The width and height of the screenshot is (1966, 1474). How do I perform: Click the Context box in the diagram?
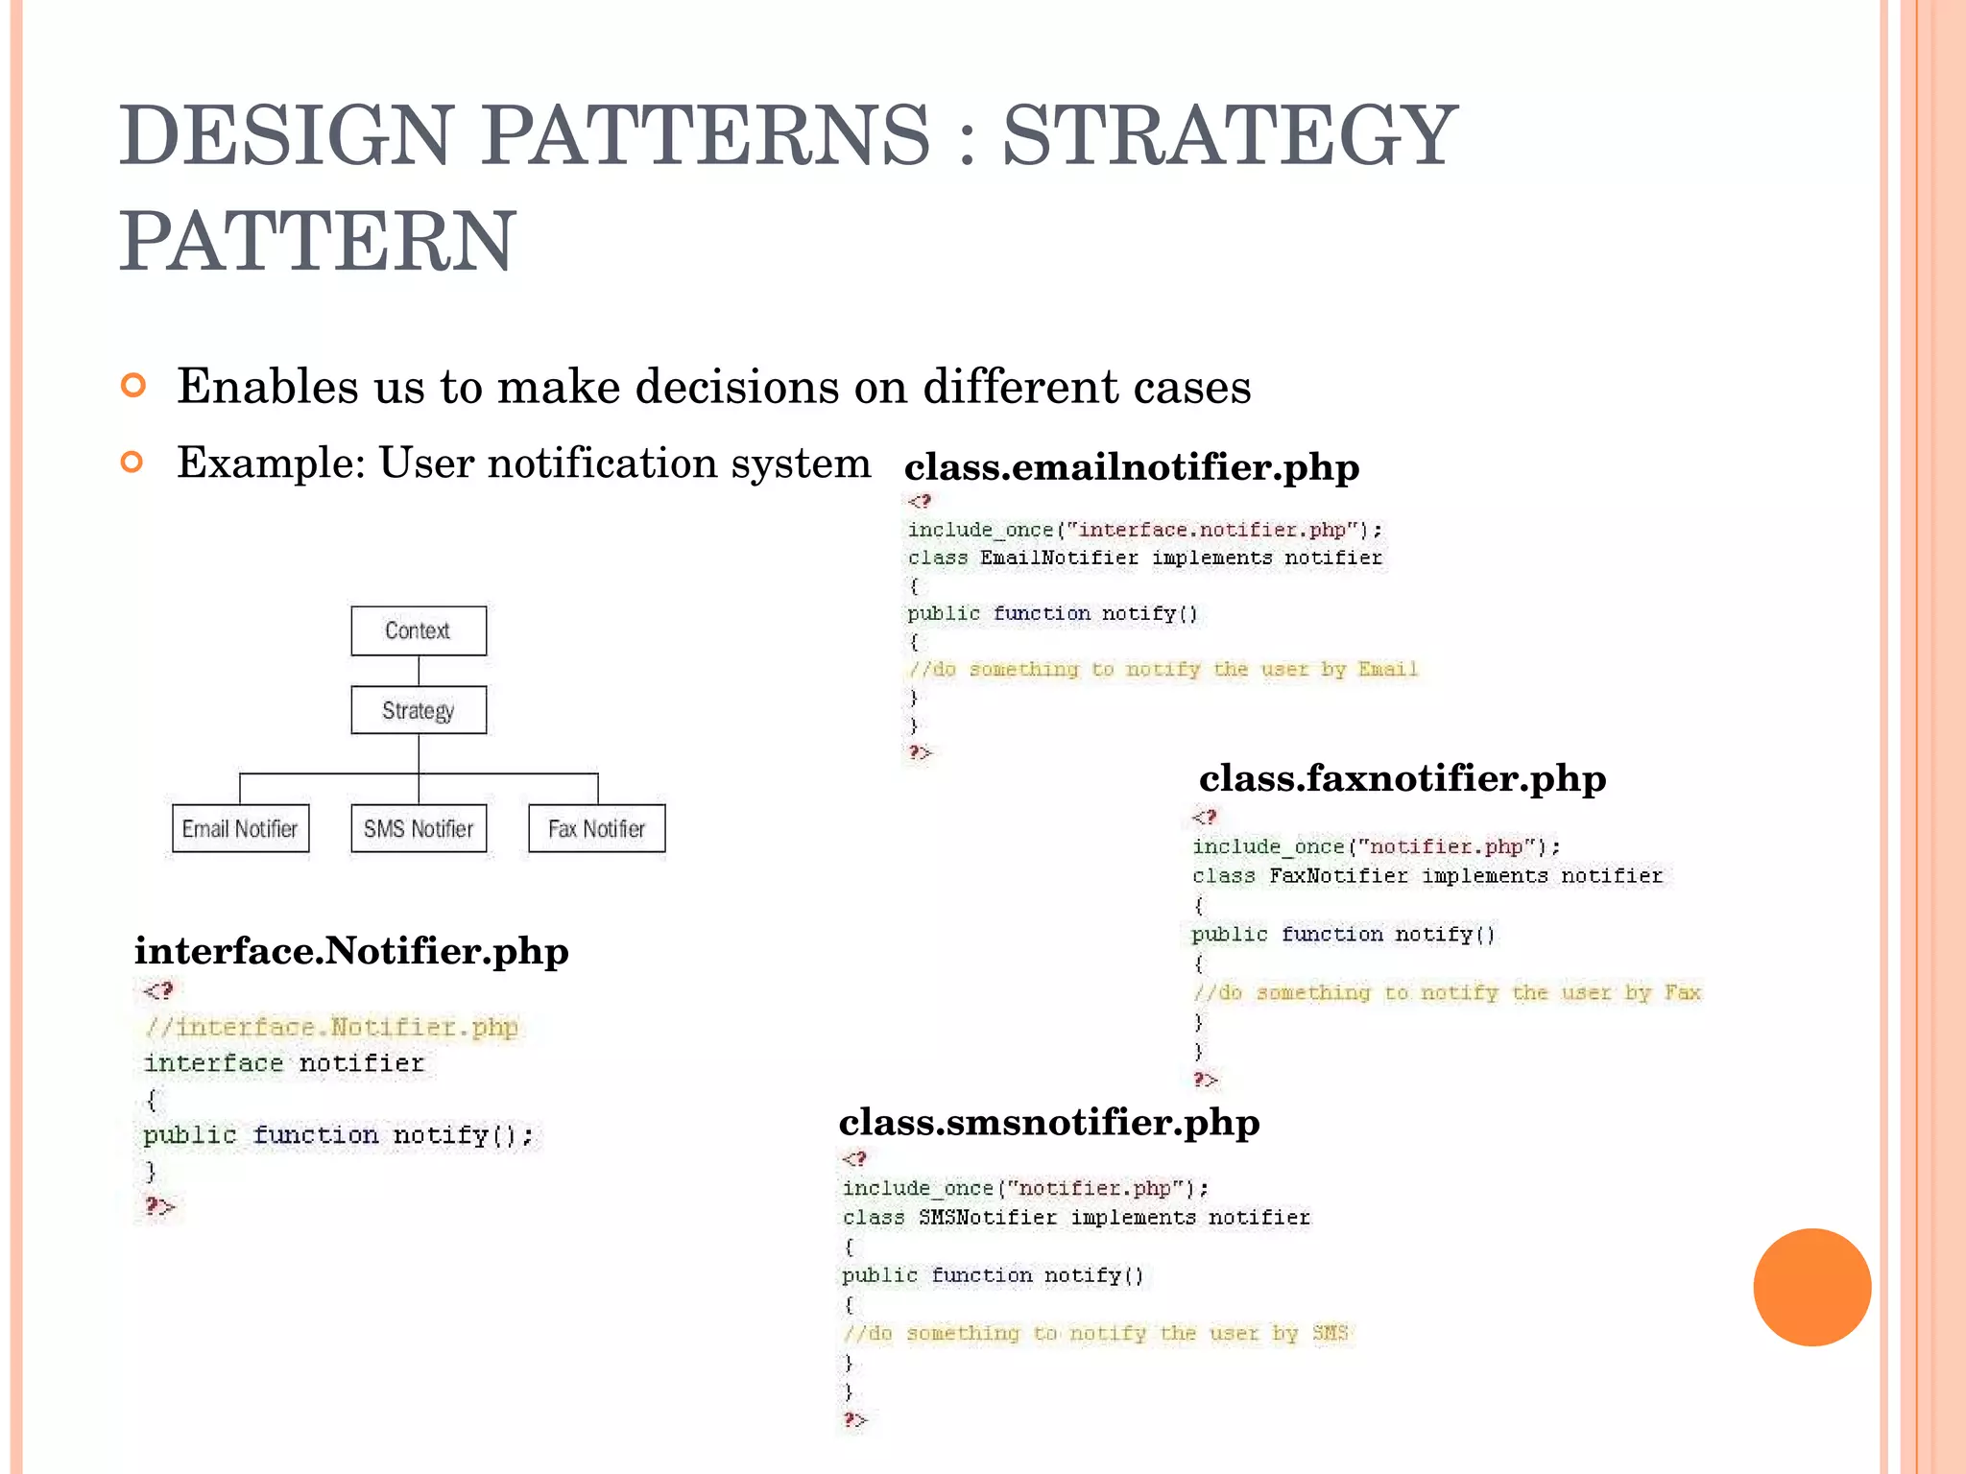[x=419, y=630]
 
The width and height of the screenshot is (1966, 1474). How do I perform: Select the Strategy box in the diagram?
[x=419, y=710]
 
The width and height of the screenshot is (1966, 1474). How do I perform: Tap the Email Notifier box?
[x=240, y=828]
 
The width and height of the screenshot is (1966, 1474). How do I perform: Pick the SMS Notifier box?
[x=419, y=828]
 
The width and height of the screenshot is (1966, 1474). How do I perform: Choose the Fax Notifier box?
[x=596, y=828]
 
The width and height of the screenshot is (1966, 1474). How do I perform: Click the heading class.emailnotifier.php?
[x=1132, y=467]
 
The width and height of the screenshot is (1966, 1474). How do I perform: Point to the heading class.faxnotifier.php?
[x=1403, y=778]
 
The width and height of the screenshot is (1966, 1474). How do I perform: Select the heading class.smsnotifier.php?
[x=1049, y=1122]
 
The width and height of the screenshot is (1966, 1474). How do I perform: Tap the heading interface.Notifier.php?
[x=351, y=951]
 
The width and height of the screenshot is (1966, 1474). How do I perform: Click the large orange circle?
[x=1811, y=1287]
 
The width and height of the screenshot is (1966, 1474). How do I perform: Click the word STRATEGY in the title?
[x=1230, y=135]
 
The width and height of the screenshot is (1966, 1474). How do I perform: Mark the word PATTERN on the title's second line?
[x=318, y=241]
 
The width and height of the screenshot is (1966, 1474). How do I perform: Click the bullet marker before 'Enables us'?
[x=133, y=386]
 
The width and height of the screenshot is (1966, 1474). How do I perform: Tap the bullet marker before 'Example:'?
[x=133, y=463]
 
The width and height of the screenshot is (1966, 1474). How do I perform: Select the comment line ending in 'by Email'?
[x=1163, y=669]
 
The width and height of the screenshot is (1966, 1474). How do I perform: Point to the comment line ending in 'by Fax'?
[x=1447, y=992]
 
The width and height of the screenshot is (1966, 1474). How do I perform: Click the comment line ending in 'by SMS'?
[x=1096, y=1333]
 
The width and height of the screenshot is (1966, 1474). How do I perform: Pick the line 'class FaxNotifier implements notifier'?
[x=1427, y=875]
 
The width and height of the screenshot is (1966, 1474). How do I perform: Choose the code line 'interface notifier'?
[x=283, y=1063]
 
